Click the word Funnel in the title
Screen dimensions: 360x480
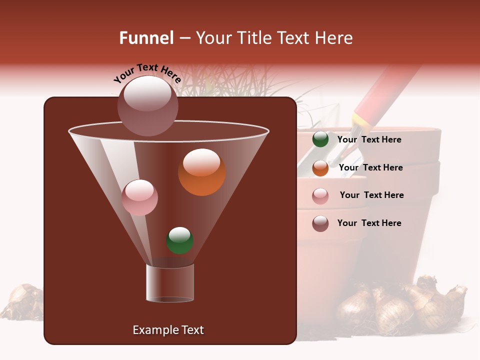[x=146, y=38]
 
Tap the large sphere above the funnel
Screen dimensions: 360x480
[x=148, y=105]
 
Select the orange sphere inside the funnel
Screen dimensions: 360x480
[x=201, y=172]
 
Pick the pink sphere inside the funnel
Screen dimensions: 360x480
[x=139, y=197]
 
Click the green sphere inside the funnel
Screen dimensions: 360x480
[x=180, y=240]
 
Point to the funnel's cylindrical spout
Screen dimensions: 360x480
[x=170, y=283]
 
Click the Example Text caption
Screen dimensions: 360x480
[x=168, y=330]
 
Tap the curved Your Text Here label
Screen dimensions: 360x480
[x=147, y=73]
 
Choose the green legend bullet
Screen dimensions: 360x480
[x=320, y=139]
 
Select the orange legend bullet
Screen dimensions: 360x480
[x=320, y=168]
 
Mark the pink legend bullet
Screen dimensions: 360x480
[x=320, y=196]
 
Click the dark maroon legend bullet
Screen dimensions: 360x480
[x=320, y=223]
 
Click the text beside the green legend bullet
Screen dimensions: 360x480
[x=369, y=140]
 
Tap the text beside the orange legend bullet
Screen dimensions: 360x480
[x=370, y=168]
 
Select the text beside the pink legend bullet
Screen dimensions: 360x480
[x=371, y=195]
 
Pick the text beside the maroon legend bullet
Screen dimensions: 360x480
[x=369, y=223]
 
